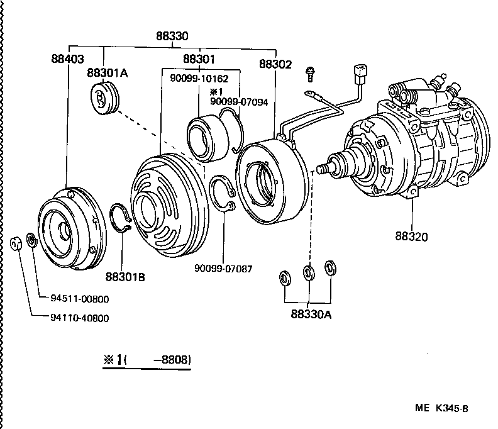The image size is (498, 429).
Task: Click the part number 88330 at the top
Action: [172, 36]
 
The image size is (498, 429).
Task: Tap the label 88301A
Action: [108, 73]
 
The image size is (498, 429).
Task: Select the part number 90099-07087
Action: [223, 268]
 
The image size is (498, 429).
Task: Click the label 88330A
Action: [311, 313]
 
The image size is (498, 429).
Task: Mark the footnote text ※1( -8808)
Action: [147, 360]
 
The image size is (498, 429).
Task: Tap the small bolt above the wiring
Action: [309, 74]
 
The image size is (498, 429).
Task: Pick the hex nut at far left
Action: [18, 242]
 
